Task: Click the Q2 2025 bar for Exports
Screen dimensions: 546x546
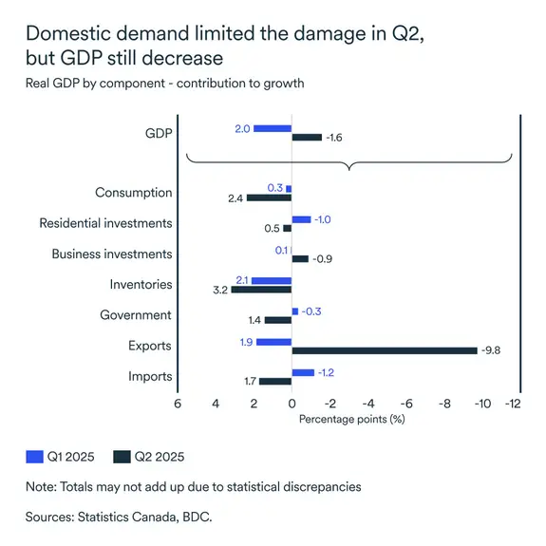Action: coord(385,350)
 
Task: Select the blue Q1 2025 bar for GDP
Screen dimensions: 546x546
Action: coord(273,128)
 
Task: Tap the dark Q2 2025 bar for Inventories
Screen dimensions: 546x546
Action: coord(261,290)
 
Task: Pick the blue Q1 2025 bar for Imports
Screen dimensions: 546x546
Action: coord(303,372)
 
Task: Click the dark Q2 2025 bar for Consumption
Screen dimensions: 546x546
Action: coord(269,198)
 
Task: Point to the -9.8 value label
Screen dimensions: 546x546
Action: coord(491,350)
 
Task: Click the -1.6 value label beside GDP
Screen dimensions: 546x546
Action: coord(334,138)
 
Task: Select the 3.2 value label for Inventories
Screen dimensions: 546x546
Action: coord(219,290)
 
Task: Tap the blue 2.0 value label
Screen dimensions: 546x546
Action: coord(241,128)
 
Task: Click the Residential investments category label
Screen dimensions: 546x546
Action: coord(105,223)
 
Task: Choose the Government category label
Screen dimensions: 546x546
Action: coord(136,315)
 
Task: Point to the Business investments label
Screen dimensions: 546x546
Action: coord(112,254)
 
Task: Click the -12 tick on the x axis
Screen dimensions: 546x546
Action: coord(515,403)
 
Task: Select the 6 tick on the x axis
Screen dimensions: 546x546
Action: coord(178,403)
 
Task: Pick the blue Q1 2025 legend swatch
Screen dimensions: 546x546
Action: coord(35,456)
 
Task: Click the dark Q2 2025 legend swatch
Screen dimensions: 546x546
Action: coord(122,456)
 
